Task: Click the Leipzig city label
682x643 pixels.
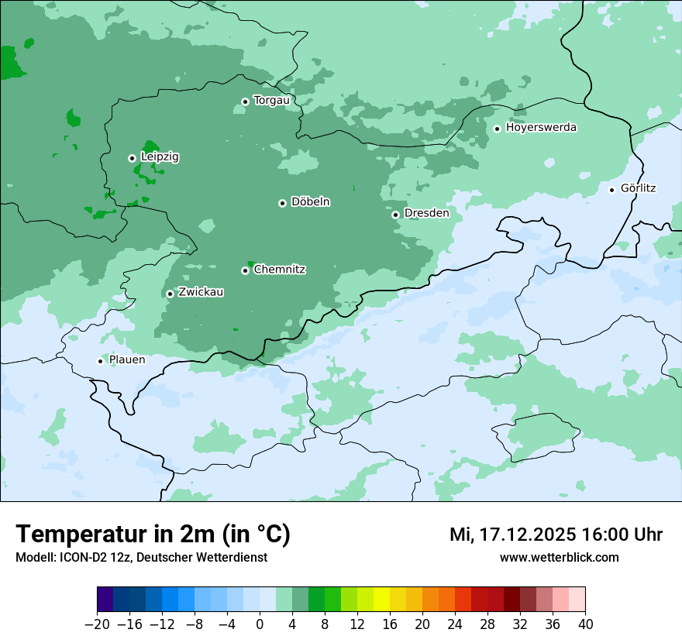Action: [160, 156]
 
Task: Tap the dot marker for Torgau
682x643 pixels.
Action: [245, 101]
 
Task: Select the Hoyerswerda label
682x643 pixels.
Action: [541, 127]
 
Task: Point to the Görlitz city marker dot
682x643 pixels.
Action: [611, 190]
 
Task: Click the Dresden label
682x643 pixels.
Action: [426, 213]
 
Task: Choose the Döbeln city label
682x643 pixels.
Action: [310, 202]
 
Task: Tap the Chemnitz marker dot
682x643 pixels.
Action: [245, 270]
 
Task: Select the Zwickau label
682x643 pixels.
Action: [201, 292]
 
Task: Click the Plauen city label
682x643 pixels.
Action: [126, 359]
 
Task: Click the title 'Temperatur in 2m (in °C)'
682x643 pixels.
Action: [153, 535]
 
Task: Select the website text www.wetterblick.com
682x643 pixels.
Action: [559, 558]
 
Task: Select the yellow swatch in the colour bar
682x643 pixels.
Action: [381, 600]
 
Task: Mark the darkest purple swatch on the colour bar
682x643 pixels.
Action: [105, 600]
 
